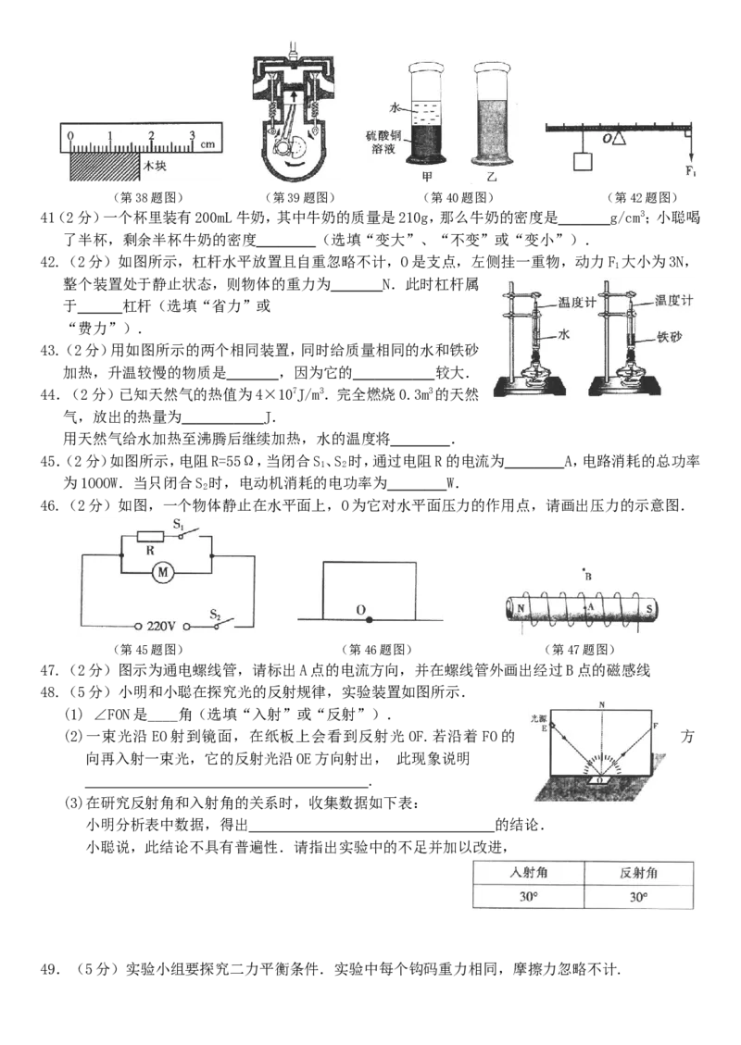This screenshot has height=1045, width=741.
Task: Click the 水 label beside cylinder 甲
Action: click(395, 109)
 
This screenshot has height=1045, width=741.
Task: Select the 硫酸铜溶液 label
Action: click(382, 142)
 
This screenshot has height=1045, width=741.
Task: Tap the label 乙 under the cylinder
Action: click(491, 176)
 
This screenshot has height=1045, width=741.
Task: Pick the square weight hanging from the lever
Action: click(583, 162)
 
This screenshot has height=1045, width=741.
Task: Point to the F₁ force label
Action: click(690, 171)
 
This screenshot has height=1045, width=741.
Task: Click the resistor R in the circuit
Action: click(150, 537)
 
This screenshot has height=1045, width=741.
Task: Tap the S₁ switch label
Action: click(180, 524)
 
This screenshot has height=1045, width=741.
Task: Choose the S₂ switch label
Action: click(215, 613)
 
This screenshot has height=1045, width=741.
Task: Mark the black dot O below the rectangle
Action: click(369, 618)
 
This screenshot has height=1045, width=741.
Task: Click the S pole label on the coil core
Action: click(650, 608)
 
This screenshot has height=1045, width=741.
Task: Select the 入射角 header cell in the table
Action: click(526, 873)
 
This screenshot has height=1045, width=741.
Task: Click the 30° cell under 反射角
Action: click(638, 897)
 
